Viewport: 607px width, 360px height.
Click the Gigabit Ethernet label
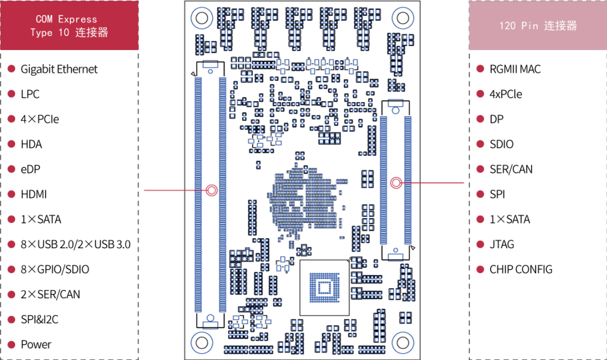tap(59, 69)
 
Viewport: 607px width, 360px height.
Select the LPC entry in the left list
tap(30, 94)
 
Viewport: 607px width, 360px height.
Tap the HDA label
tap(31, 144)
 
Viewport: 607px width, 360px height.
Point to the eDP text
tap(30, 170)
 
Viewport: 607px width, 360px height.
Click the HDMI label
tap(34, 194)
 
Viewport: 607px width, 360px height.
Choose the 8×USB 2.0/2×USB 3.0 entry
tap(75, 244)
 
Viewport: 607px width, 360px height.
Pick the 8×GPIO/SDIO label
tap(55, 270)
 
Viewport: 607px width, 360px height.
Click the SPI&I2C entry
tap(39, 320)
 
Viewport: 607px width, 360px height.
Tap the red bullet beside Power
tap(12, 344)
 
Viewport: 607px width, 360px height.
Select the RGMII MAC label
tap(515, 69)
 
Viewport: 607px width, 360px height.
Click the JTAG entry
tap(502, 244)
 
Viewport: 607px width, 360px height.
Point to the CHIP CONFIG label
tap(520, 270)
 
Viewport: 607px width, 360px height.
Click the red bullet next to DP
tap(481, 119)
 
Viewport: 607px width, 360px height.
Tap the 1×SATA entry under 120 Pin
tap(510, 219)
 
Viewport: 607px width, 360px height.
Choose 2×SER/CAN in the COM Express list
tap(51, 295)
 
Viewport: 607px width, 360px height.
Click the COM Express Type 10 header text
tap(69, 25)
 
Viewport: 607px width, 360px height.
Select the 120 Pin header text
tap(538, 26)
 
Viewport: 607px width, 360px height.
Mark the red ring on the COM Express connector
tap(211, 190)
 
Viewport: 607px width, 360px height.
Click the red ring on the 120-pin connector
tap(396, 183)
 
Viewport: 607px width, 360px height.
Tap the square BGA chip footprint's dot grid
tap(324, 288)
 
